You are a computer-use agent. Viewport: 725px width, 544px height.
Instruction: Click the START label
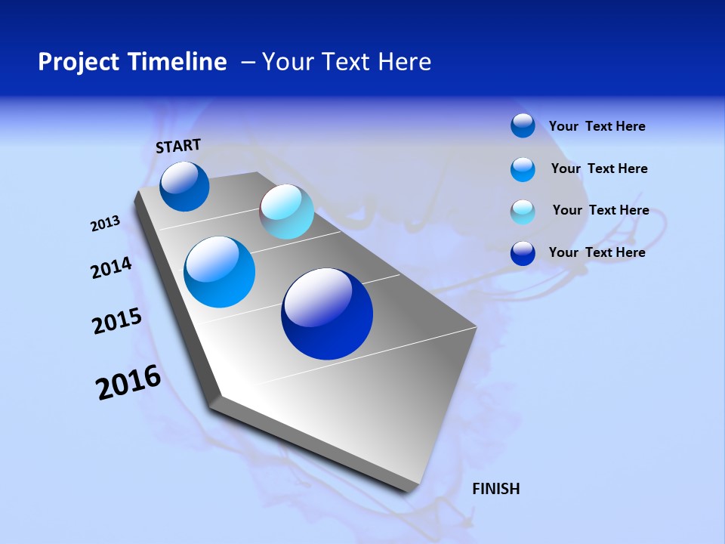[x=178, y=146]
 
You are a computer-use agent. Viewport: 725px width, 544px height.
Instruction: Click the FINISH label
[x=495, y=489]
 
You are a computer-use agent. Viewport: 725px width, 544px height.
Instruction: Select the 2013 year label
[x=106, y=224]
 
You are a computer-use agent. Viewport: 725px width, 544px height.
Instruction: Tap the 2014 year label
[x=112, y=268]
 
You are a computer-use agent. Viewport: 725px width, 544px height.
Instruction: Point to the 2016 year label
[x=128, y=382]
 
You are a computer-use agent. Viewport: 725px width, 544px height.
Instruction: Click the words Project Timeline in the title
[x=132, y=62]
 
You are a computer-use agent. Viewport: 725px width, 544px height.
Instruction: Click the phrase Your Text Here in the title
[x=347, y=62]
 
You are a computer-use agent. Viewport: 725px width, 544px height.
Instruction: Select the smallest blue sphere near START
[x=184, y=187]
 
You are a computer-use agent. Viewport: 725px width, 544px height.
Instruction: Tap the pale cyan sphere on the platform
[x=286, y=212]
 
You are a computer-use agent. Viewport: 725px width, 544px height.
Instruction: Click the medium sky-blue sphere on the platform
[x=219, y=272]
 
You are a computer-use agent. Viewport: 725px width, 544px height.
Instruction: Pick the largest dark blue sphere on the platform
[x=327, y=314]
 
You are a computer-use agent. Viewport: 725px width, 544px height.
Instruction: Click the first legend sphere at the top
[x=523, y=125]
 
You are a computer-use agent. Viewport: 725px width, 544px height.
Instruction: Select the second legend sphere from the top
[x=523, y=169]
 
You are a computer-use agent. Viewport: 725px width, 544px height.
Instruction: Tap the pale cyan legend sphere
[x=523, y=212]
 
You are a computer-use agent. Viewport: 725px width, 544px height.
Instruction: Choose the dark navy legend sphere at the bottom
[x=523, y=253]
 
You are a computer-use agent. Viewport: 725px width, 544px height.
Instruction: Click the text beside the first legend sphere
[x=597, y=126]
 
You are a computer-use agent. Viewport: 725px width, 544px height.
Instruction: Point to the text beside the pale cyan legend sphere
[x=600, y=210]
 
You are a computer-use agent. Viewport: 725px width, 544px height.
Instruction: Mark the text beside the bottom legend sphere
[x=597, y=252]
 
